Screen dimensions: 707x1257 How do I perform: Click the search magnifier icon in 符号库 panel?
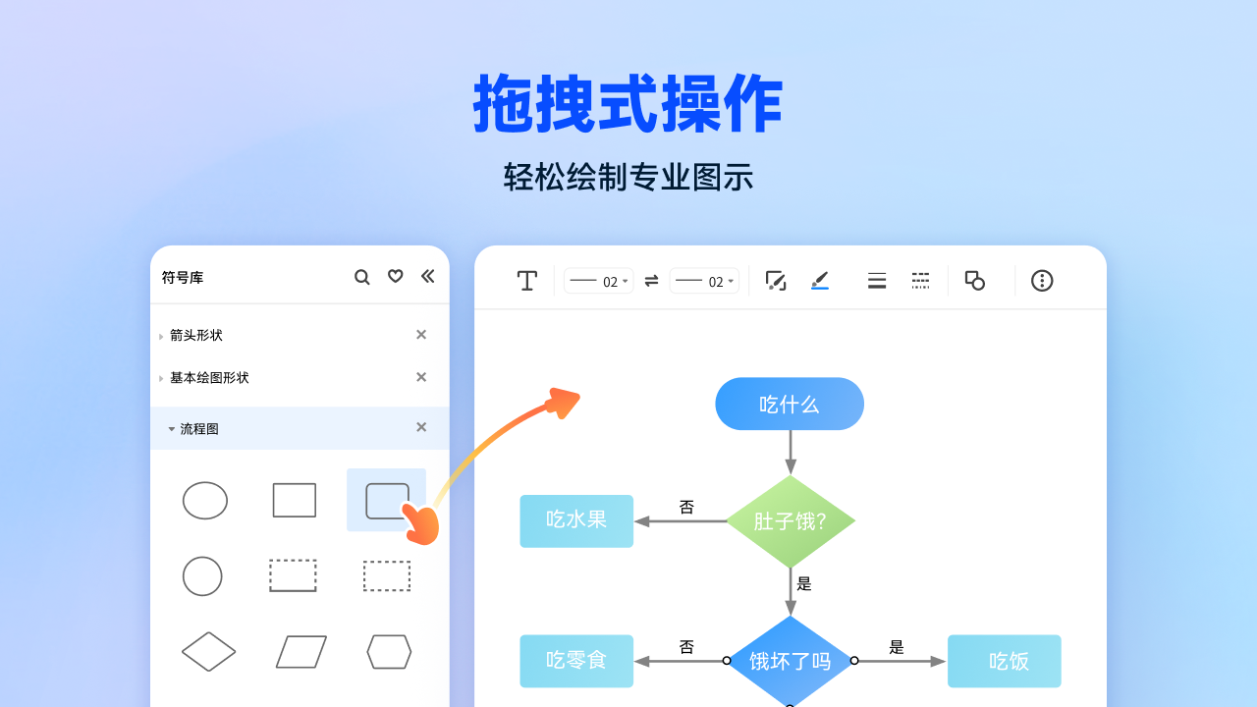coord(362,277)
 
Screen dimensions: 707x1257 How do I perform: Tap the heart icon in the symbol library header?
coord(395,276)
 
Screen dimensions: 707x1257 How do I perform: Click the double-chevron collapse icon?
coord(427,276)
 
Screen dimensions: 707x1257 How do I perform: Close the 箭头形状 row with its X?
coord(421,335)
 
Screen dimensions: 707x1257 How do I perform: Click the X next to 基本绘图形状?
coord(421,377)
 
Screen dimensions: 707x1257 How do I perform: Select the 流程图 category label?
coord(199,429)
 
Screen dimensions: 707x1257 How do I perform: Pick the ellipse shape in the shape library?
coord(205,501)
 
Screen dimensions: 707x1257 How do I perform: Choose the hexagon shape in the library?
coord(389,652)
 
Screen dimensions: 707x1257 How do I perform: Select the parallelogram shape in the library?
coord(301,652)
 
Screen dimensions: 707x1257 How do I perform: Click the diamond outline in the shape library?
coord(209,652)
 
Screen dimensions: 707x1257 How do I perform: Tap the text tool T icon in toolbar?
coord(527,281)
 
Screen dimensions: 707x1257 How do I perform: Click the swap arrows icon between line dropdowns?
coord(651,281)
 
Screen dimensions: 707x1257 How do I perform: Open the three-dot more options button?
coord(1042,281)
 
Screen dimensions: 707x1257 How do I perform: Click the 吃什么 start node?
coord(790,404)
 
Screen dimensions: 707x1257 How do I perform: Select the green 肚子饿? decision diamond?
coord(790,521)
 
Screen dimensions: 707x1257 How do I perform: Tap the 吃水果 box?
coord(576,520)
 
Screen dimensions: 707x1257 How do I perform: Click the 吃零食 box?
coord(576,661)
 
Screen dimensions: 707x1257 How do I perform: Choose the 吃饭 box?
coord(1005,661)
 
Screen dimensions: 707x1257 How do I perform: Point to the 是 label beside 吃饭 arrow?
coord(897,647)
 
